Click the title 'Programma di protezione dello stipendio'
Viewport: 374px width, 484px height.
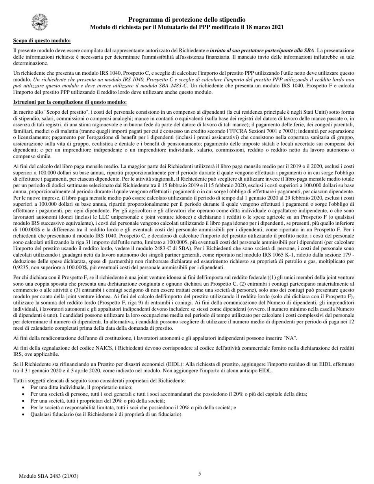coord(187,20)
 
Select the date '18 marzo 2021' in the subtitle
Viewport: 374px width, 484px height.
coord(266,27)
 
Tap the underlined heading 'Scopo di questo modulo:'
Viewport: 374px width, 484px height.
coord(42,41)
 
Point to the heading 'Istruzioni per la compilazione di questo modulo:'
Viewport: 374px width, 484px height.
coord(70,102)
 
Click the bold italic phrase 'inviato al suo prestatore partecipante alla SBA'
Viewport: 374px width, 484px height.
coord(262,51)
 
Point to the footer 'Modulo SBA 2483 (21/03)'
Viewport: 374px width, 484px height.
coord(48,476)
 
